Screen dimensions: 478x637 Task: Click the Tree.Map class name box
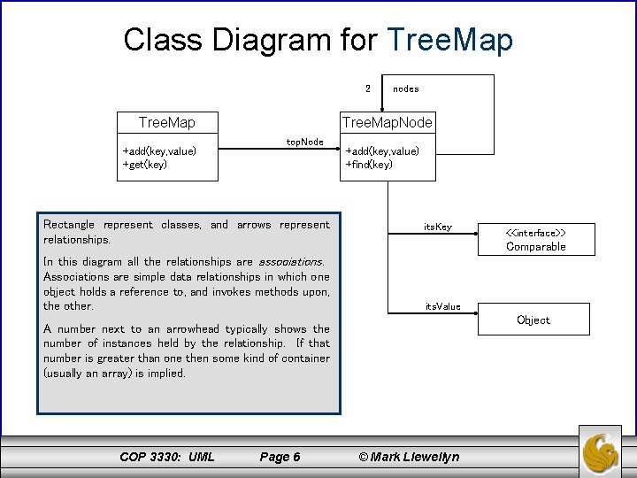point(167,121)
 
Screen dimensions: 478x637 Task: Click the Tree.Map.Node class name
point(388,121)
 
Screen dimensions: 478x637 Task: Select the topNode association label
point(305,142)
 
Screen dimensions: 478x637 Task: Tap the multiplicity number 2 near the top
point(367,88)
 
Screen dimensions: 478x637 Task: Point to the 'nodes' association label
point(405,89)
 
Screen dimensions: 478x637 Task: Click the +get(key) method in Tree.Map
point(145,164)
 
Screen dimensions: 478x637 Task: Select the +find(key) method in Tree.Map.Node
point(369,164)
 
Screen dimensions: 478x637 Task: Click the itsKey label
point(437,227)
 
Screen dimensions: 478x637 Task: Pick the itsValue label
point(442,306)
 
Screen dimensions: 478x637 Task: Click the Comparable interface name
point(535,247)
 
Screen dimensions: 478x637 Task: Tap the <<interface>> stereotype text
point(535,233)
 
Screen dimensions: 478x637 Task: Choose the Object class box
point(533,320)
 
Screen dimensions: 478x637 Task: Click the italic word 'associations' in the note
point(289,262)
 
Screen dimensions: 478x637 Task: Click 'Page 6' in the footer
point(280,457)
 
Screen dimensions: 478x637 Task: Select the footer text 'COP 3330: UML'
point(166,457)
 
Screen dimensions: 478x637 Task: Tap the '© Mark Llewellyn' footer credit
point(408,457)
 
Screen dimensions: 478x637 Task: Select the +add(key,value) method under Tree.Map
point(159,150)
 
